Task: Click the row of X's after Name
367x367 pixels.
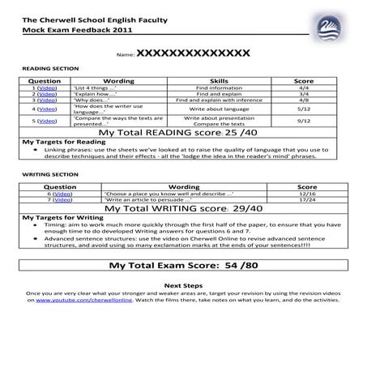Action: click(x=193, y=53)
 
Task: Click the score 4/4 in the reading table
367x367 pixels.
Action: click(x=304, y=87)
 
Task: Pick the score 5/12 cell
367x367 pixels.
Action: click(x=304, y=108)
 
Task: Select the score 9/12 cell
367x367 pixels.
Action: click(x=304, y=121)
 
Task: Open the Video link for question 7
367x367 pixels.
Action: click(x=62, y=199)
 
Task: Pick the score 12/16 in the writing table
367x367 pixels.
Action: click(x=307, y=194)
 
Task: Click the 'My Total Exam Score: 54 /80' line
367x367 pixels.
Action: click(x=182, y=265)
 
